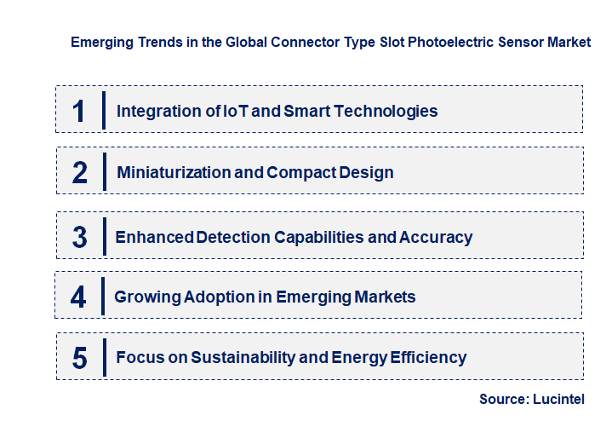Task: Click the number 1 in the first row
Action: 79,111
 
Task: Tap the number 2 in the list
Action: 80,173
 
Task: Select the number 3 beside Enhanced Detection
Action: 80,238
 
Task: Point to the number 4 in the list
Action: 79,297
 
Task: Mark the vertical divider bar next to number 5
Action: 103,357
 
